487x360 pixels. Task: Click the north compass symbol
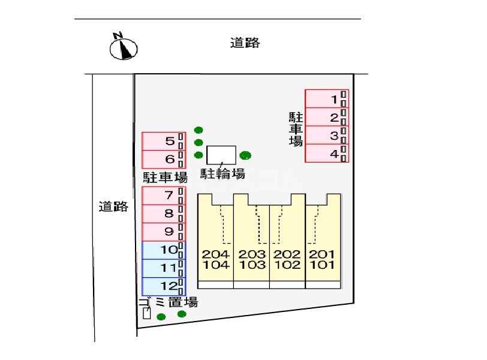coord(124,47)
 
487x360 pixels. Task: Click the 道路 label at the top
coord(245,43)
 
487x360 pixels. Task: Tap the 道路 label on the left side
coord(113,206)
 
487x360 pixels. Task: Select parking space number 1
coord(327,99)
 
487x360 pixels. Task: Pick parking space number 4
coord(327,153)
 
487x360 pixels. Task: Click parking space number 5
coord(164,142)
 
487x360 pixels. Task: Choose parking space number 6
coord(164,160)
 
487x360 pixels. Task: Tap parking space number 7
coord(164,196)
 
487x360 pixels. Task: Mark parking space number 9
coord(164,232)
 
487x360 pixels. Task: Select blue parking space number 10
coord(164,250)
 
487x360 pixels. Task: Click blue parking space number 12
coord(164,286)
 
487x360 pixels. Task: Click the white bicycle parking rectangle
coord(221,155)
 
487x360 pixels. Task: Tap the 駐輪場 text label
coord(223,174)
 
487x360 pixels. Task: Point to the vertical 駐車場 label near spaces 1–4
coord(296,129)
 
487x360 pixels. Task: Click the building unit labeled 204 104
coord(215,241)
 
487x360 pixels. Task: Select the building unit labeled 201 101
coord(323,241)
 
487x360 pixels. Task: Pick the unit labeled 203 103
coord(251,241)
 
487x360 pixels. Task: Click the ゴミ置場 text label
coord(168,302)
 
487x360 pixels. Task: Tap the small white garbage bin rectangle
coord(146,313)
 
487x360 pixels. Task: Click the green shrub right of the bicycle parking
coord(245,155)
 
